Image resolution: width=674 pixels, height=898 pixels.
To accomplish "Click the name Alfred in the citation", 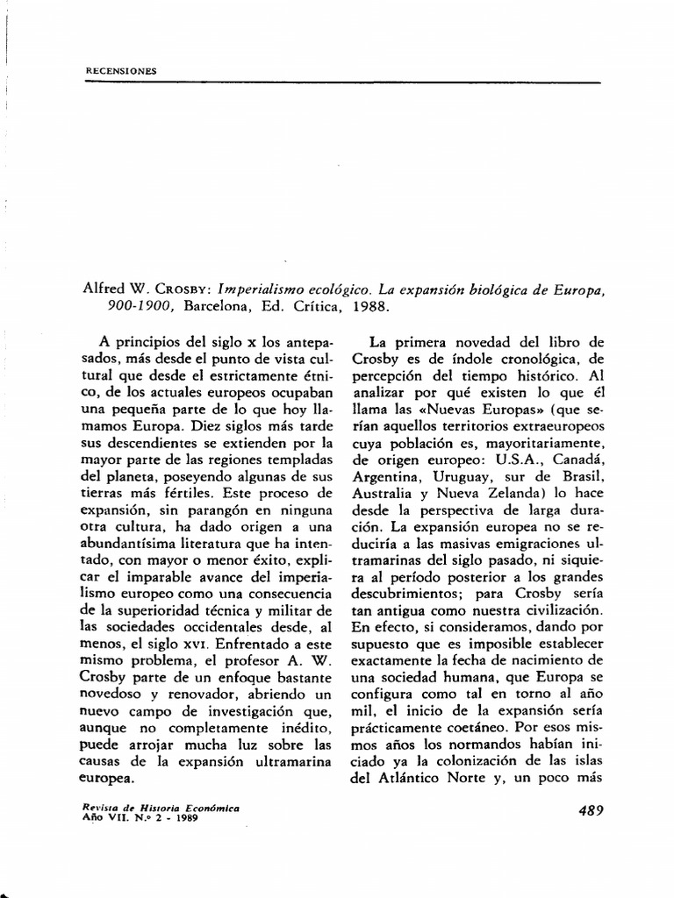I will (x=99, y=289).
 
